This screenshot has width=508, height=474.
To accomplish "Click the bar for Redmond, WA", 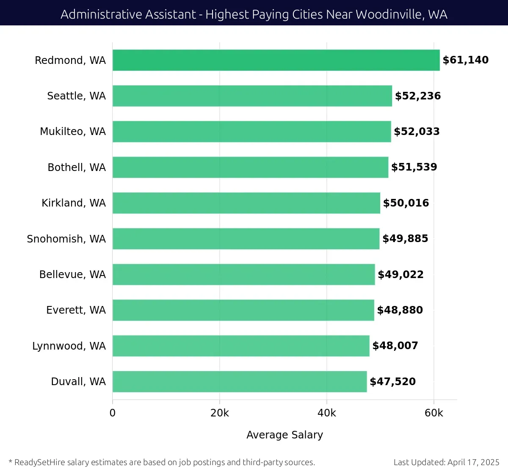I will click(276, 60).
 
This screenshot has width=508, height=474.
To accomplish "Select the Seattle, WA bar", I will click(252, 96).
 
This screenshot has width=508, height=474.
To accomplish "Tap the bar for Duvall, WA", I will click(240, 382).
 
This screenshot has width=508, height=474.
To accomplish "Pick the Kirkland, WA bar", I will click(246, 203).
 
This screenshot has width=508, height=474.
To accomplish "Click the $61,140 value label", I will click(466, 60).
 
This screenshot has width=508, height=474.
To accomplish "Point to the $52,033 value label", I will click(417, 132).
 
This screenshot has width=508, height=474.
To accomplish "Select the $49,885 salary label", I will click(405, 239).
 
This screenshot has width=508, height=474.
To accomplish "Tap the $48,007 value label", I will click(395, 346).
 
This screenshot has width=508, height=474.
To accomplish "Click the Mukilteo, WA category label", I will click(73, 132).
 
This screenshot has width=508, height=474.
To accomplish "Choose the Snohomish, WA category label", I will click(66, 239).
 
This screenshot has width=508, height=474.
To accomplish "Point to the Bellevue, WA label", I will click(72, 275).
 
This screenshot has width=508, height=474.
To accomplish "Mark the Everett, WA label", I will click(76, 310).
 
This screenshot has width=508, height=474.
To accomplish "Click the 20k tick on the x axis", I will click(219, 413).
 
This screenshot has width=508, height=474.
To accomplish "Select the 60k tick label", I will click(434, 413).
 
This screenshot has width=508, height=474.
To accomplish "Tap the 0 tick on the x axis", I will click(113, 413).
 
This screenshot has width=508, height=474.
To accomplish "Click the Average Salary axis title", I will click(284, 435).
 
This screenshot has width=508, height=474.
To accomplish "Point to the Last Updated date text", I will click(446, 462).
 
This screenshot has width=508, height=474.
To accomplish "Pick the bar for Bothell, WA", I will click(250, 167).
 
